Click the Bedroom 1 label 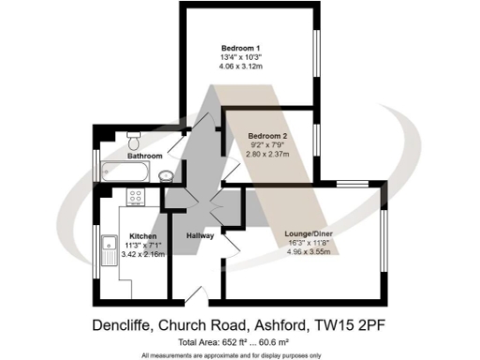(241, 48)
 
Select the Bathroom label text (145, 156)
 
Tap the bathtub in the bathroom (125, 172)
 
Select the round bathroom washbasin (165, 175)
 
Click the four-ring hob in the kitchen (134, 197)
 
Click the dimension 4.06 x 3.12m (241, 67)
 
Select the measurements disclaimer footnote (231, 355)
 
